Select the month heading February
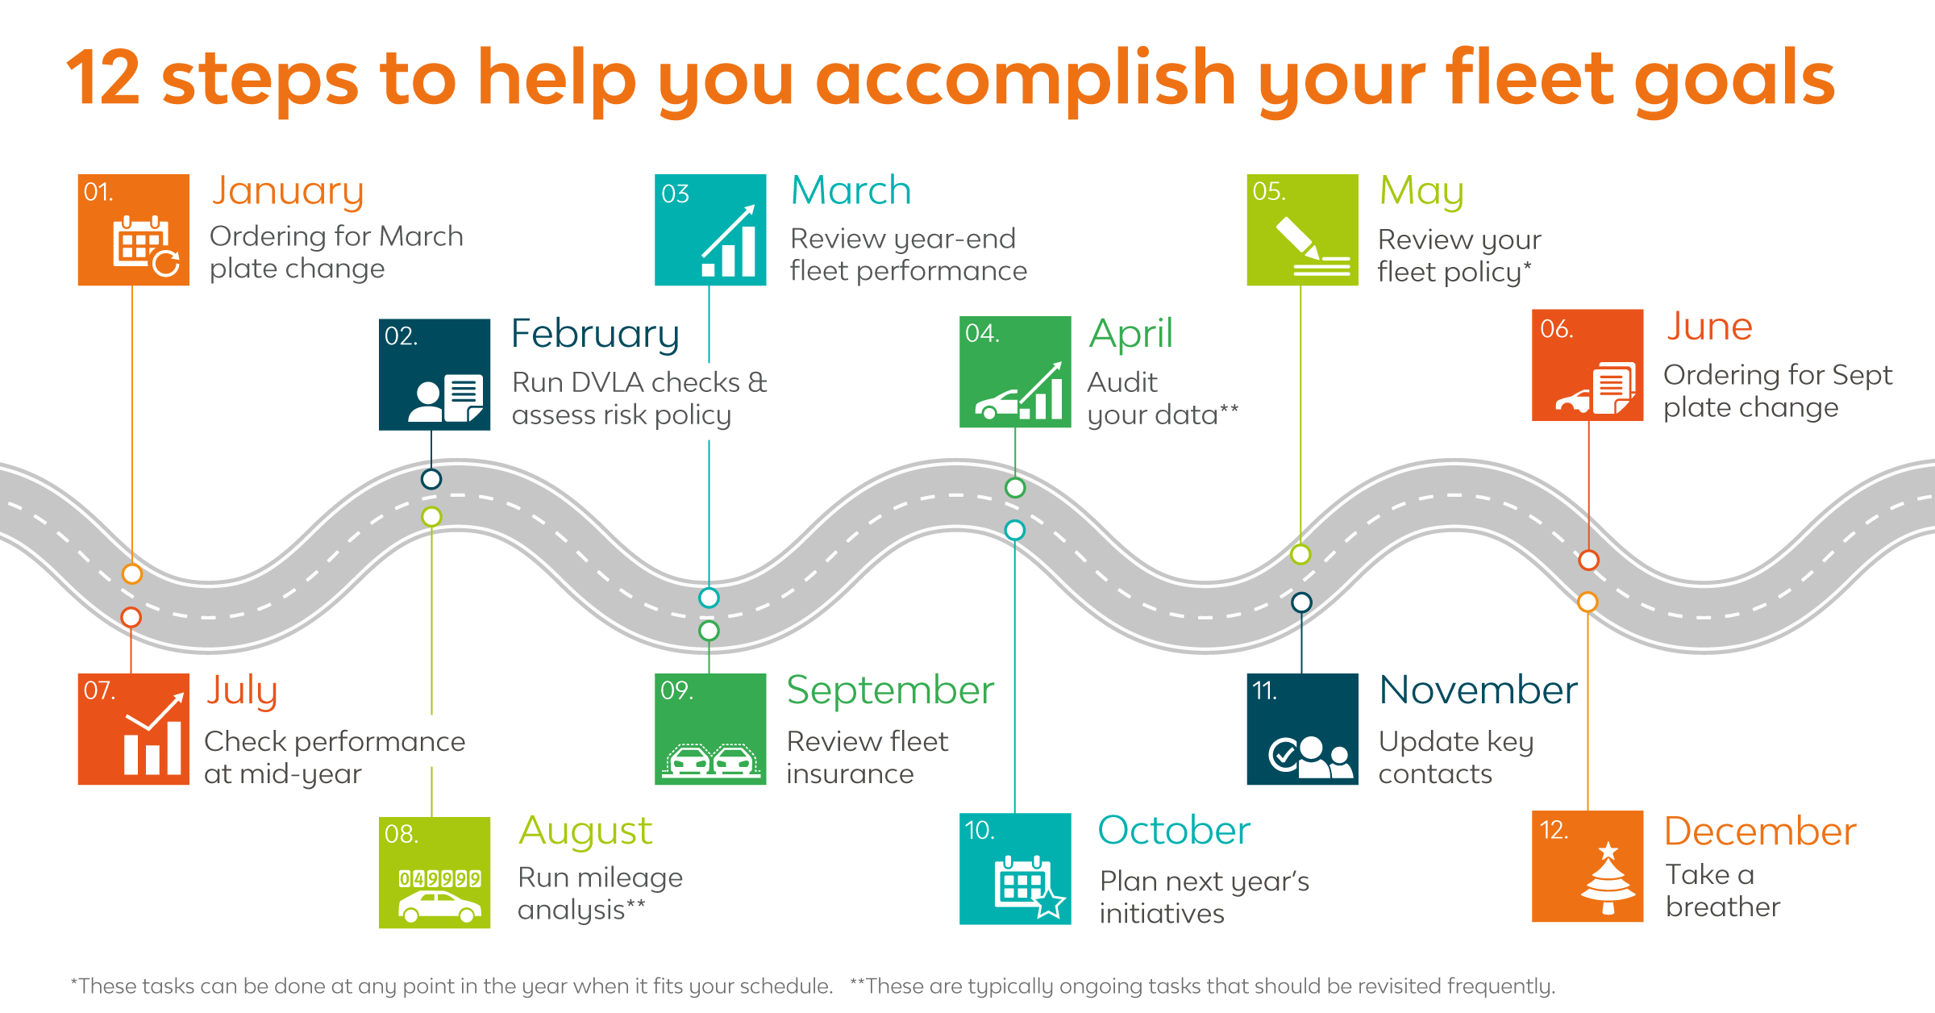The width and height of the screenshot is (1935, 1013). click(x=595, y=335)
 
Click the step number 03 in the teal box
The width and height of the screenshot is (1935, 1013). click(x=675, y=194)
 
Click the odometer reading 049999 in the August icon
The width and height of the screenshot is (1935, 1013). click(x=440, y=878)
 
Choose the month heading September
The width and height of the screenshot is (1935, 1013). click(x=890, y=691)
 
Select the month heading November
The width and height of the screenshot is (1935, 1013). click(x=1478, y=690)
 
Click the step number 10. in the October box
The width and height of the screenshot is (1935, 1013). click(x=980, y=831)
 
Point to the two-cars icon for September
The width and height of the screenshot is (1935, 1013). click(x=710, y=760)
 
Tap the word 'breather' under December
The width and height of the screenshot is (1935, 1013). click(x=1723, y=907)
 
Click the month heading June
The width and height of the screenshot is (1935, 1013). click(x=1709, y=327)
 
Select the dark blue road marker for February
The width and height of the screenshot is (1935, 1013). click(x=431, y=479)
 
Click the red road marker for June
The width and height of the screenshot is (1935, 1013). click(x=1588, y=560)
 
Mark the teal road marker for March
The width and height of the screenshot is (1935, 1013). click(x=709, y=598)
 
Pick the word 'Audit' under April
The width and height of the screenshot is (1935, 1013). click(x=1121, y=382)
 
